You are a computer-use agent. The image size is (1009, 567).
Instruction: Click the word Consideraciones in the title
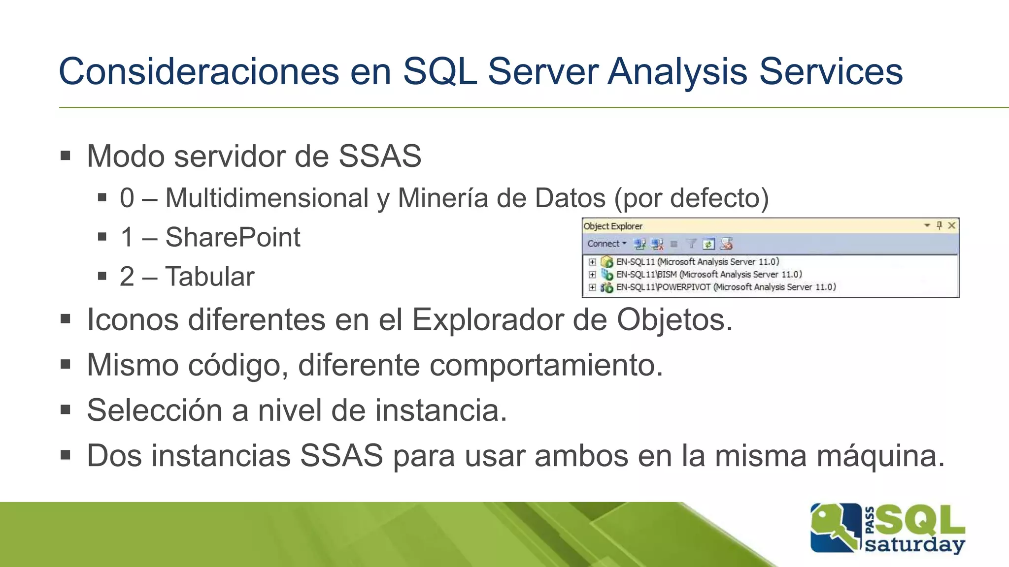tap(199, 72)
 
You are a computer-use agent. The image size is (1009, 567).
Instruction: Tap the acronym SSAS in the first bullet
tap(379, 157)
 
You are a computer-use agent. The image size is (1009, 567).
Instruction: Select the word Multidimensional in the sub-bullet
tap(267, 198)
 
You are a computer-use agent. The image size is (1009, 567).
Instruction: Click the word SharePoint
tap(233, 238)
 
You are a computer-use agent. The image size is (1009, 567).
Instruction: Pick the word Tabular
tap(210, 277)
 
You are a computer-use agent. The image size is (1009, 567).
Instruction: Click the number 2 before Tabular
tap(127, 277)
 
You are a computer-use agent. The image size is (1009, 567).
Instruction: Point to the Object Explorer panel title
tap(613, 226)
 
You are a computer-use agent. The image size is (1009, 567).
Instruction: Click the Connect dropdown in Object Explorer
tap(606, 244)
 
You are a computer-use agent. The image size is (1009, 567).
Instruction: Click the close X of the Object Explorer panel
tap(952, 225)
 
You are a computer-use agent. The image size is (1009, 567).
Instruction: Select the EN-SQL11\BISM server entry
tap(708, 275)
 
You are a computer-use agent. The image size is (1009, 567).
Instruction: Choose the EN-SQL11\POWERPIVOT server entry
tap(726, 287)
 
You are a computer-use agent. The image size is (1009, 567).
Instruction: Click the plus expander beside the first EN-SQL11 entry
tap(592, 262)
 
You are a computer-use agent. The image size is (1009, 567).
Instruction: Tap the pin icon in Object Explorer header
tap(939, 225)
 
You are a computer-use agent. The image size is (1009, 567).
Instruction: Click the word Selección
tap(154, 410)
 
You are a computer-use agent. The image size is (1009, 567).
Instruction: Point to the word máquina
tap(880, 456)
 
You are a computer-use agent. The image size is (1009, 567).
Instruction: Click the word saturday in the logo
tap(914, 545)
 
